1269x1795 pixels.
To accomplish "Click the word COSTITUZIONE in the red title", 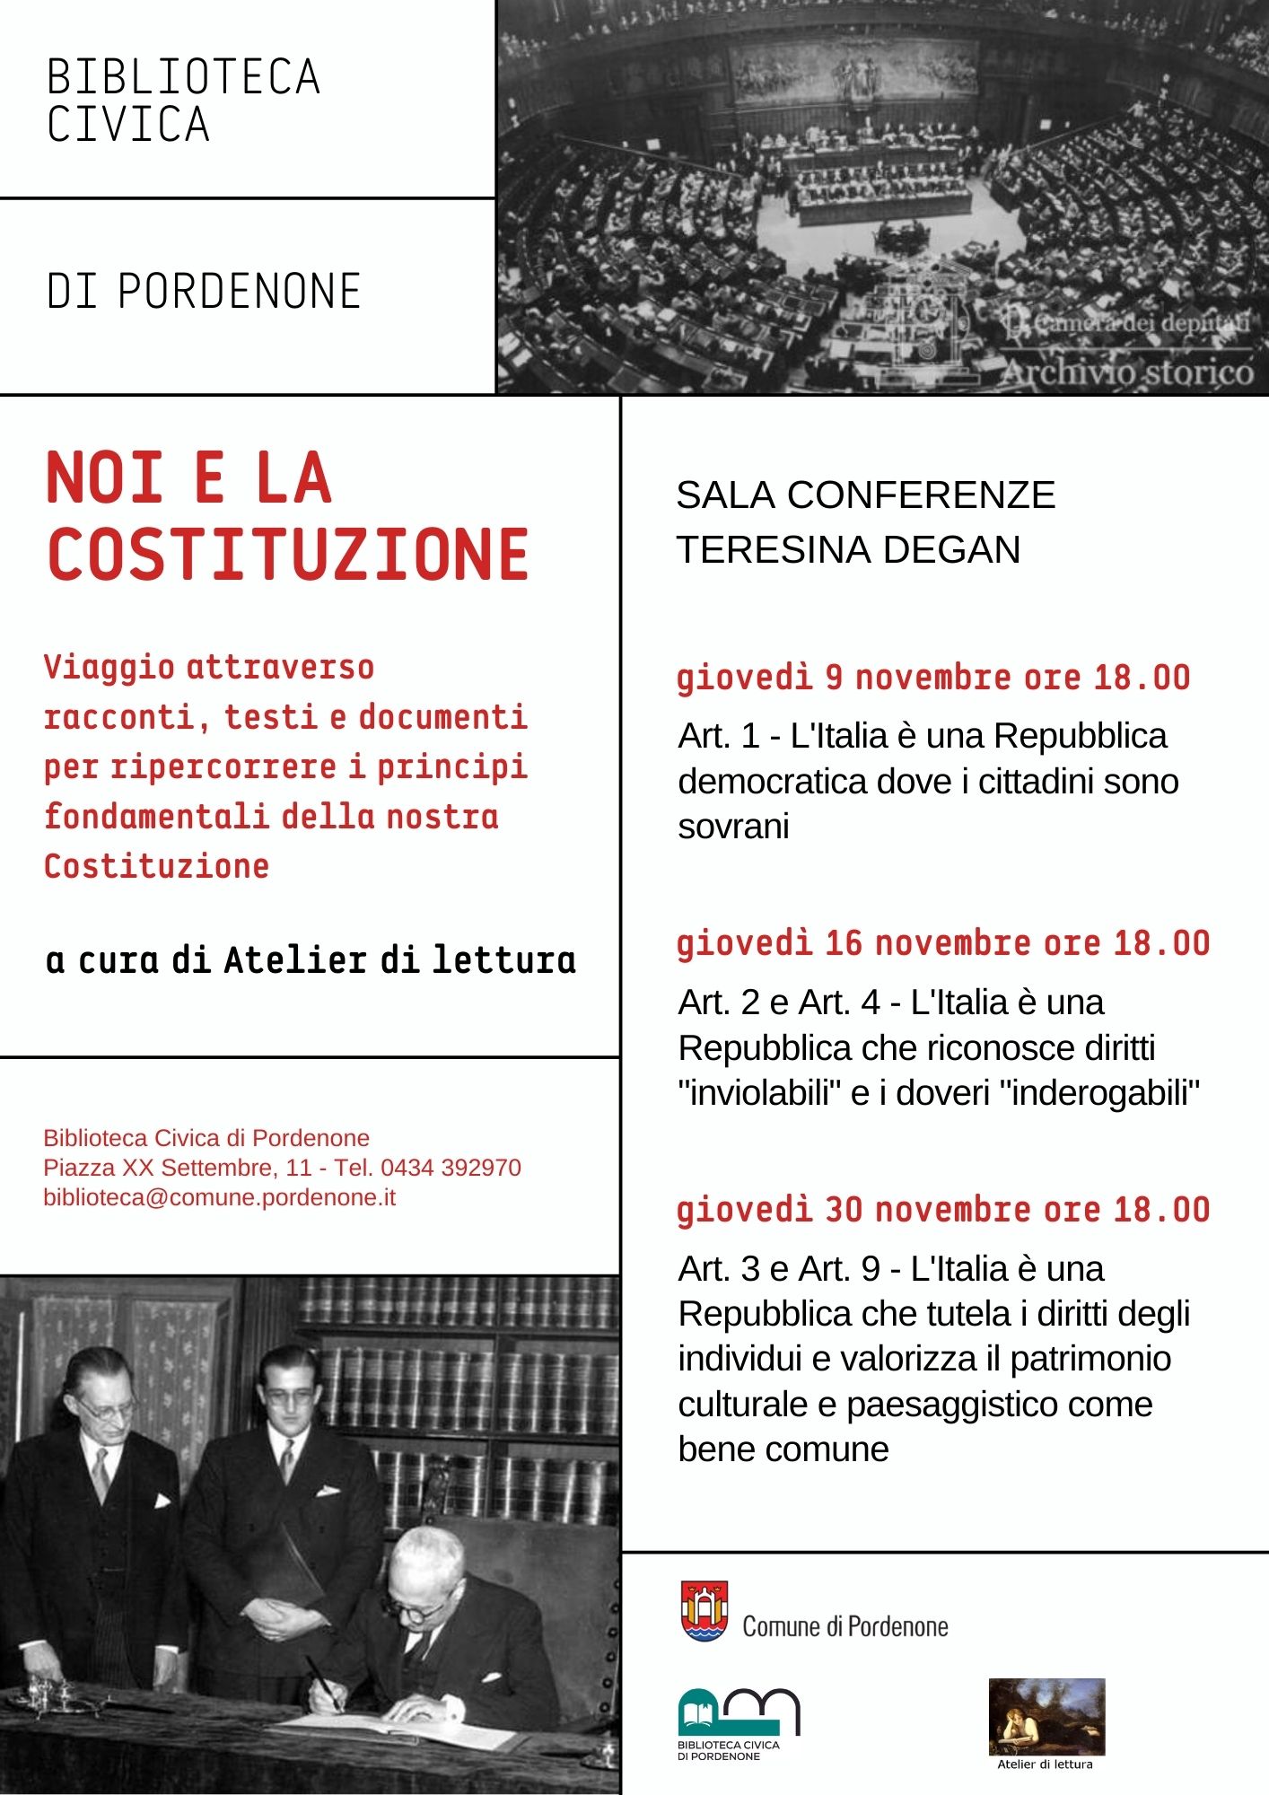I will tap(288, 555).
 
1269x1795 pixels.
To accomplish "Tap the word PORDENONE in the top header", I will tap(240, 292).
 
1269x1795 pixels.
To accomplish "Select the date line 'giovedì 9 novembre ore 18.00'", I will tap(933, 678).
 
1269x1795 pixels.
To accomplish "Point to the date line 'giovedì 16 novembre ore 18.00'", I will tap(943, 943).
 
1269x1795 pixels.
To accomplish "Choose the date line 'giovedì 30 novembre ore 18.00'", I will tap(943, 1210).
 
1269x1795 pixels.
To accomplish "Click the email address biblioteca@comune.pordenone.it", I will tap(220, 1198).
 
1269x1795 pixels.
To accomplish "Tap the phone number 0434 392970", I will tap(451, 1168).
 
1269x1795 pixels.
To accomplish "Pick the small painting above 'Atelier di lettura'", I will tap(1046, 1716).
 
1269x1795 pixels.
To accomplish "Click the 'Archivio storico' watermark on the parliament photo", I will tap(1127, 372).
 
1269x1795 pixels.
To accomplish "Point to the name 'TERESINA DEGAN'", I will tap(848, 550).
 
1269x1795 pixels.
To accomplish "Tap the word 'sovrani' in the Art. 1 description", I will tap(734, 827).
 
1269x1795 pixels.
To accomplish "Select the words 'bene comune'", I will tap(783, 1449).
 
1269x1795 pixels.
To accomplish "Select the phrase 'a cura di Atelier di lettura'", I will tap(311, 960).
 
